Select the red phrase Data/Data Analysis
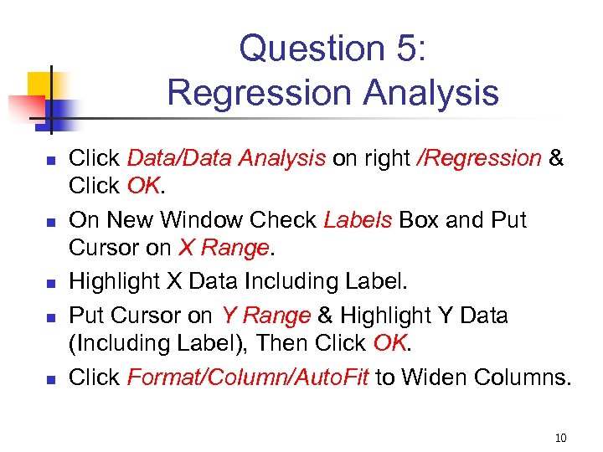pos(226,158)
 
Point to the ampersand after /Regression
pos(557,158)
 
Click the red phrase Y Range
pos(265,315)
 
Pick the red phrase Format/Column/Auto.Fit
pos(248,378)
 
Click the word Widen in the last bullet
pos(435,378)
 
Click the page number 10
pos(560,438)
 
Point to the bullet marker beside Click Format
pos(50,379)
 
